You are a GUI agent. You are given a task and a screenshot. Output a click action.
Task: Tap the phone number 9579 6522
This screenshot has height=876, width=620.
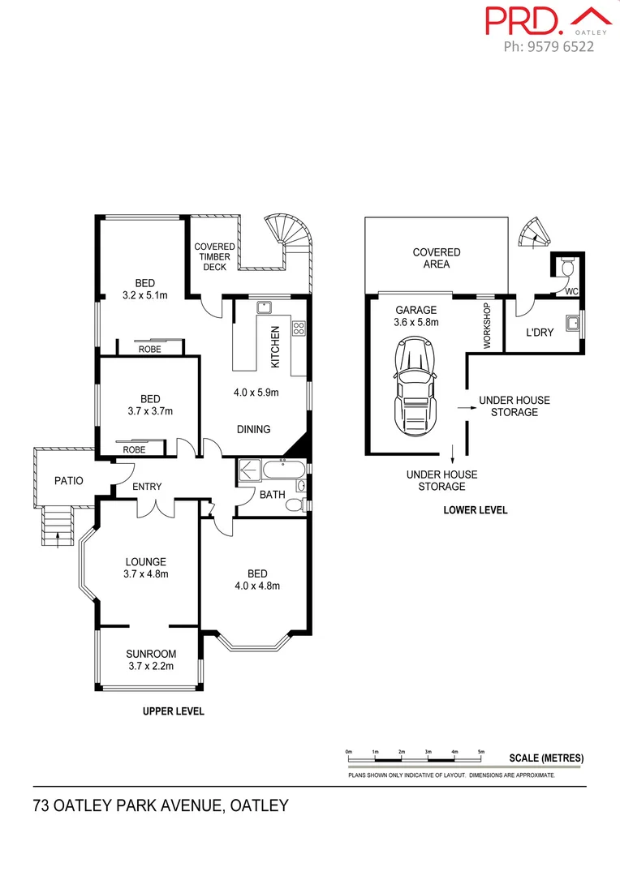(549, 46)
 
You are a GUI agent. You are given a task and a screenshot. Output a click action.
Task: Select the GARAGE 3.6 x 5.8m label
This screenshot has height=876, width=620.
(416, 316)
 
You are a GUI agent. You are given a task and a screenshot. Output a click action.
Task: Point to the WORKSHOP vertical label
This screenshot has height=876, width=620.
(488, 326)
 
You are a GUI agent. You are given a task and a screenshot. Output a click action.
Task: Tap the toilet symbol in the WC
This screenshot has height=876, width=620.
(568, 266)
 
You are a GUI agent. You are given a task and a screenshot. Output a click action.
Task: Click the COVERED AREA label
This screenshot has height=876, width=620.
(437, 258)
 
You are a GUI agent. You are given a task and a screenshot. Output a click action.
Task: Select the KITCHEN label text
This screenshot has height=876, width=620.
(275, 347)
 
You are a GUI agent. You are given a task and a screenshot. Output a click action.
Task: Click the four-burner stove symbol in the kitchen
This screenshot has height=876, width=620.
(298, 328)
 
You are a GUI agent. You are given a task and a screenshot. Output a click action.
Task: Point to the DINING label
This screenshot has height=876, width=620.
(253, 429)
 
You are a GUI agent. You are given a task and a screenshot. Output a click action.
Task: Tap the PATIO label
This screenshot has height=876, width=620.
(69, 480)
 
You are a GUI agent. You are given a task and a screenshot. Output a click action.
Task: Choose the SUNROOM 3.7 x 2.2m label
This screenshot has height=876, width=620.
(151, 660)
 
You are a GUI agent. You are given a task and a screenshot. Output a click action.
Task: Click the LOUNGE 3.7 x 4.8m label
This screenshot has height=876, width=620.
(146, 568)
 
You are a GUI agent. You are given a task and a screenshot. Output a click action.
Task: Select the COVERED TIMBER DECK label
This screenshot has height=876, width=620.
(215, 257)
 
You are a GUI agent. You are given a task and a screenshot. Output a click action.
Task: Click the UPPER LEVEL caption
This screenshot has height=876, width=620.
(174, 711)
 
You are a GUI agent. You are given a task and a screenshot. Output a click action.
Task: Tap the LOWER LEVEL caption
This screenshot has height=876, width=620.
(476, 510)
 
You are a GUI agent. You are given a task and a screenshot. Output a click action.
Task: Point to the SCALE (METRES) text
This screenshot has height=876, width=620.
(546, 758)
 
